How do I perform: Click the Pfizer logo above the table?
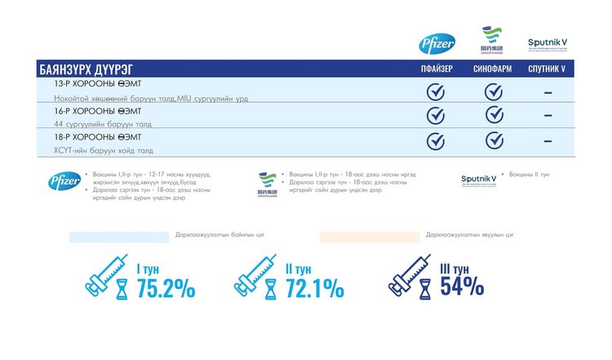(431, 44)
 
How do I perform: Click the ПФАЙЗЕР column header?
(436, 69)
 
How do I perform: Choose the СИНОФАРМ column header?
(492, 69)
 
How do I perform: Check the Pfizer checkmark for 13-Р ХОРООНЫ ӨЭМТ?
(436, 91)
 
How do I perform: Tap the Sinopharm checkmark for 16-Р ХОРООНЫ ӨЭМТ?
(494, 115)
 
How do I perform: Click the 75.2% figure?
(166, 288)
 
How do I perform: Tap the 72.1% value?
(314, 288)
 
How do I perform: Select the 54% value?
(462, 287)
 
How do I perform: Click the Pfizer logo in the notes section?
(64, 181)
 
